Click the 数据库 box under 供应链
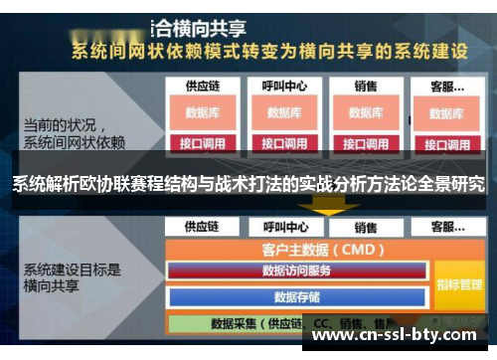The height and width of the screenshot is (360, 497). click(x=202, y=112)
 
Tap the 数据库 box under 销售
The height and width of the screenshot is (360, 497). click(x=366, y=112)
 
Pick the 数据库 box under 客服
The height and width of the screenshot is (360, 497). click(x=446, y=113)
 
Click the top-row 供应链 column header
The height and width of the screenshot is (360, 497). click(x=202, y=87)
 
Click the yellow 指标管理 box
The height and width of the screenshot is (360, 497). click(x=458, y=283)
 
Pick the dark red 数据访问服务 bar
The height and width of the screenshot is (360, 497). click(x=296, y=270)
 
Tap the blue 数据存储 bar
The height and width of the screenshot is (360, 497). click(x=296, y=296)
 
